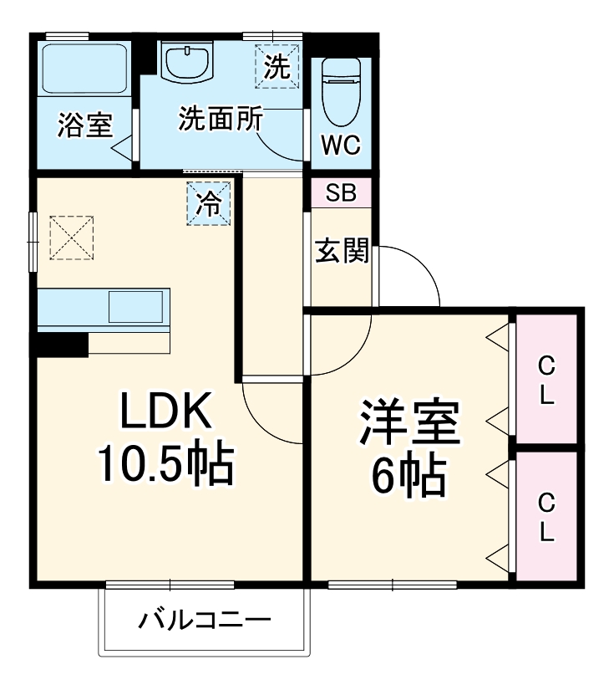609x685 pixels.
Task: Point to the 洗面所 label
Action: point(219,120)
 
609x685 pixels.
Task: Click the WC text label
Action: point(341,145)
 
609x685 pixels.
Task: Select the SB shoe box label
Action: point(341,193)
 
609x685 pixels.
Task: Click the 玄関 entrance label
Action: point(342,251)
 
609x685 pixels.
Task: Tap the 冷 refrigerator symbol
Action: point(209,202)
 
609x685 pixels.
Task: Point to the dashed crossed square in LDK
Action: point(72,238)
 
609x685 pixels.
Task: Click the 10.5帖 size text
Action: point(165,465)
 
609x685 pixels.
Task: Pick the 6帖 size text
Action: point(409,477)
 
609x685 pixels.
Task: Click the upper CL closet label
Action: point(546,381)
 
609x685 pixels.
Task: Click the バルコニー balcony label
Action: point(205,621)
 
